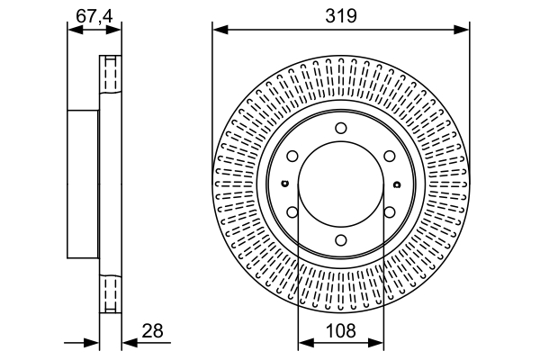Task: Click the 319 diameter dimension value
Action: tap(341, 15)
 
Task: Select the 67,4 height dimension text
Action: tap(94, 15)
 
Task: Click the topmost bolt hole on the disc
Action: tap(341, 128)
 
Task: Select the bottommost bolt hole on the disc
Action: tap(341, 240)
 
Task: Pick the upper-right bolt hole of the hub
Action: tap(390, 157)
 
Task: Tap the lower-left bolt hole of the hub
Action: tap(292, 212)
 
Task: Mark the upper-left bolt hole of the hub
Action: tap(292, 157)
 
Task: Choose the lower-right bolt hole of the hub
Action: tap(390, 212)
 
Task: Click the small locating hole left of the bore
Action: tap(285, 185)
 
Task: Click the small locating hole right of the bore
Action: tap(397, 185)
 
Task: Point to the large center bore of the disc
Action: tap(341, 184)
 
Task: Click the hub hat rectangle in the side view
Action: tap(83, 184)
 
